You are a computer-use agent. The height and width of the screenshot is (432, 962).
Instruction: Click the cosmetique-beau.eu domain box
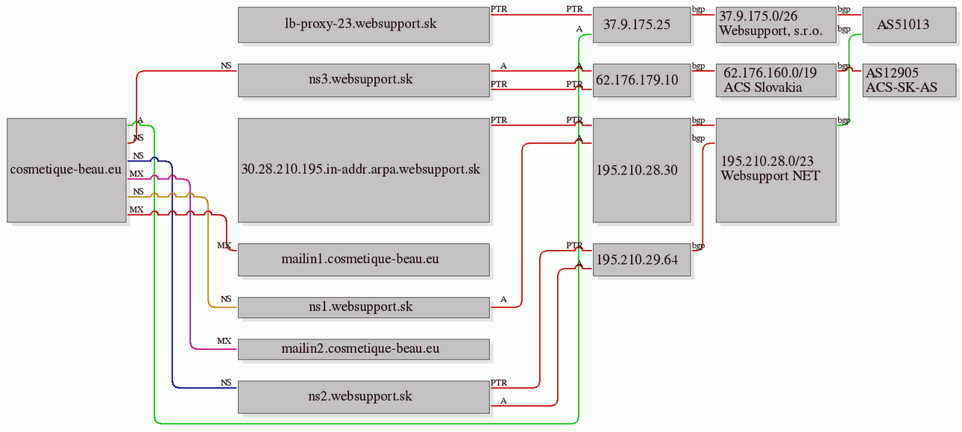[x=66, y=170]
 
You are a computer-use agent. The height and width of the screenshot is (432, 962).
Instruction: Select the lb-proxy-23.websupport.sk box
[x=364, y=25]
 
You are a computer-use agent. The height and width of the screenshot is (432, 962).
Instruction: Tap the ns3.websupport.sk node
[x=364, y=81]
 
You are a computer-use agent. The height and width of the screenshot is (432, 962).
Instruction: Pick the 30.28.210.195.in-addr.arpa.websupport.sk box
[x=364, y=170]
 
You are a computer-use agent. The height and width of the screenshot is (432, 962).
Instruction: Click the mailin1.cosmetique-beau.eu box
[x=364, y=260]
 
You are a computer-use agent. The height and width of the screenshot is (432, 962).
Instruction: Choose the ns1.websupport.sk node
[x=364, y=307]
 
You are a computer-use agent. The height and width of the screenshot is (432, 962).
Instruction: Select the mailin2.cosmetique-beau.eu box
[x=364, y=349]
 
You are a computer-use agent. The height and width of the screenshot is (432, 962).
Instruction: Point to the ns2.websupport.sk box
[x=364, y=397]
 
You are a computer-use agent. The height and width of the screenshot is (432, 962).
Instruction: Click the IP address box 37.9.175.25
[x=641, y=25]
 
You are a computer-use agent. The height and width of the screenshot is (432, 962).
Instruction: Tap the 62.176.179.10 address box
[x=641, y=81]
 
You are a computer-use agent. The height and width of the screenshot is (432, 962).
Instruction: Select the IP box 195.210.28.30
[x=641, y=170]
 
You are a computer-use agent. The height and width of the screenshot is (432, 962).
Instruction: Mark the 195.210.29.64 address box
[x=641, y=260]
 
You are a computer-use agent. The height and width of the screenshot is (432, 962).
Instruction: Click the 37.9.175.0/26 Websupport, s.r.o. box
[x=776, y=25]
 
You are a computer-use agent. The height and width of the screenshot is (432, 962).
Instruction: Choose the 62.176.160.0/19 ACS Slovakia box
[x=776, y=81]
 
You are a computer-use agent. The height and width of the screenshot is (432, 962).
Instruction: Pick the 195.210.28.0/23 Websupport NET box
[x=776, y=170]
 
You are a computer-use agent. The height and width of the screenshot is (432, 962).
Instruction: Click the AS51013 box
[x=910, y=25]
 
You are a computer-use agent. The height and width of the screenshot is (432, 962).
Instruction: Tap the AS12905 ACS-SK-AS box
[x=910, y=81]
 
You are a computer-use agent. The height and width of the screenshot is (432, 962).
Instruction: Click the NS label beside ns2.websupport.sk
[x=226, y=383]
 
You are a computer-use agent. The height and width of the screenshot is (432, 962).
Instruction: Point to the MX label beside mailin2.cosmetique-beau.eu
[x=224, y=341]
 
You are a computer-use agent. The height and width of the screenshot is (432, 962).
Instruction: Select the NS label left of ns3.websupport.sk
[x=226, y=66]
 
